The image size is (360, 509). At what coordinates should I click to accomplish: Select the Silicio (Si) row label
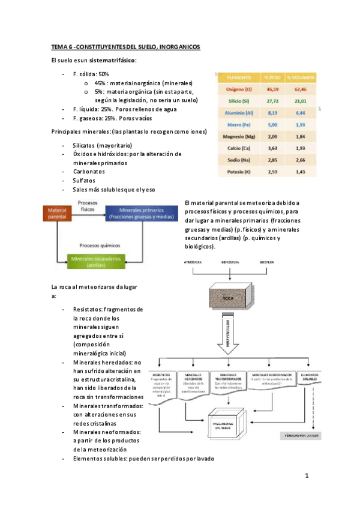click(238, 101)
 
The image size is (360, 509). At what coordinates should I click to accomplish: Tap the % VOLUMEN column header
click(300, 77)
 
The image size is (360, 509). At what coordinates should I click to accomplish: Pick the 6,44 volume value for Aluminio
click(300, 113)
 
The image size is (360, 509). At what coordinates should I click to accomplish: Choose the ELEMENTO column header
click(238, 77)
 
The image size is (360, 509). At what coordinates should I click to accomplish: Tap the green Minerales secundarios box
click(96, 261)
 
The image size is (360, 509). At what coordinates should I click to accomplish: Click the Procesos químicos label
click(96, 245)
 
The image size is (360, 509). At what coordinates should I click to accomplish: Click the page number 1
click(306, 477)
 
